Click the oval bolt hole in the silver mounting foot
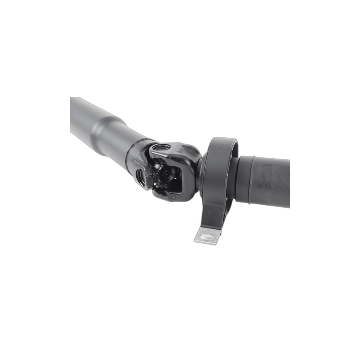207,237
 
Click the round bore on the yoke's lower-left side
141,176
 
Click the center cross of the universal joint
164,173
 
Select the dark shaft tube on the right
272,182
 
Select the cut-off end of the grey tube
72,116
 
